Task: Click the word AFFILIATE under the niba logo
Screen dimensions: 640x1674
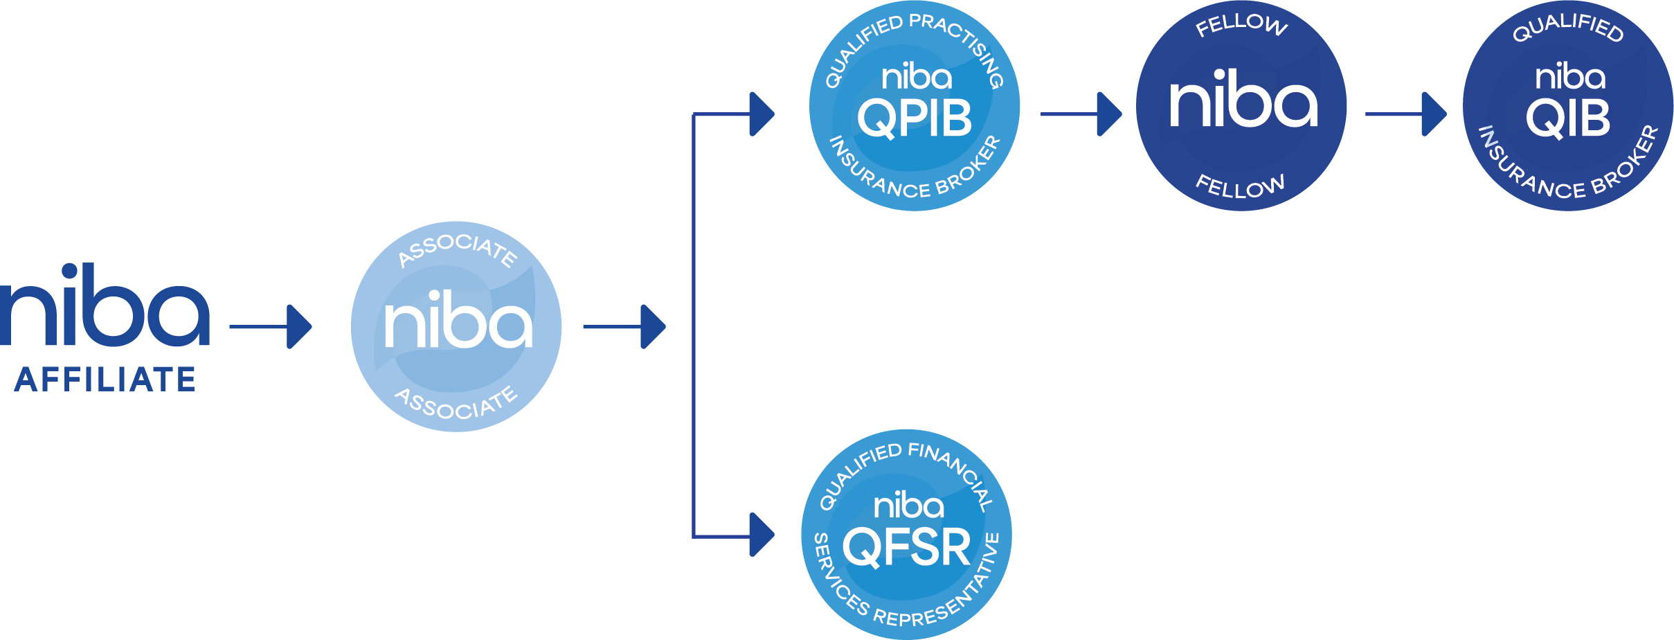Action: click(x=105, y=380)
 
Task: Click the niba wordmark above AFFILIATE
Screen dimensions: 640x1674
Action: click(x=105, y=308)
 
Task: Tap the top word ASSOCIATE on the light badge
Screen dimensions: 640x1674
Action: click(x=457, y=248)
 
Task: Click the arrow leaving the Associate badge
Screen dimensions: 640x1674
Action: click(x=624, y=326)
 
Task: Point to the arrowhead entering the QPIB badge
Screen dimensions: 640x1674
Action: click(x=762, y=114)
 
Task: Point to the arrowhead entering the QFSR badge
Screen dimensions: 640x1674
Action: click(x=762, y=535)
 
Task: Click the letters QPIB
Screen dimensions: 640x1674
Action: click(x=915, y=118)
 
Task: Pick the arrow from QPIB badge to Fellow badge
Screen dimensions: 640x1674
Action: click(x=1080, y=114)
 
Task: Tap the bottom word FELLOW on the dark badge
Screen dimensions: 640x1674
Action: click(x=1240, y=186)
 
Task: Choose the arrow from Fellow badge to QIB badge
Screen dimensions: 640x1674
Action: click(x=1405, y=114)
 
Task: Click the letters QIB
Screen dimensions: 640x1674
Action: click(x=1568, y=118)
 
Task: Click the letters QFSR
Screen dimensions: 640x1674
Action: click(x=907, y=548)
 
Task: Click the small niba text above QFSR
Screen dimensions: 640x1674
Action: click(x=908, y=506)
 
